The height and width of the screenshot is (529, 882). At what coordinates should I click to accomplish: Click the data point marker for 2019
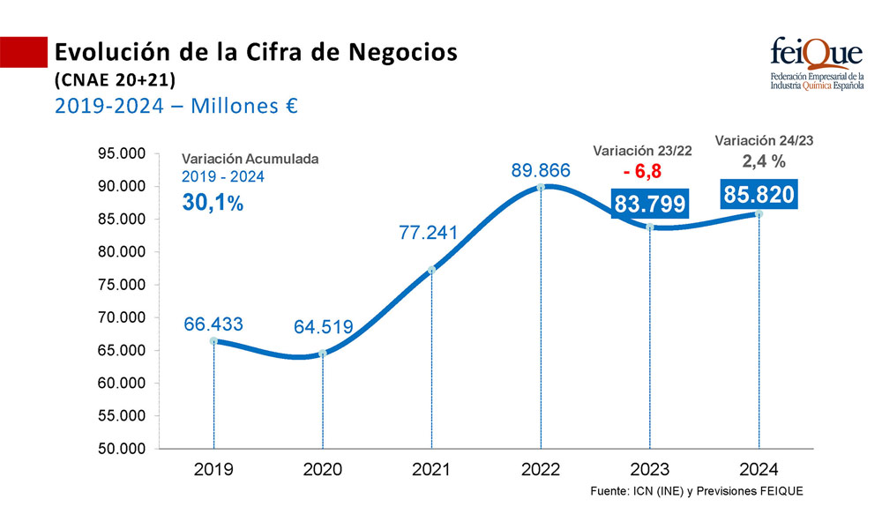click(x=213, y=340)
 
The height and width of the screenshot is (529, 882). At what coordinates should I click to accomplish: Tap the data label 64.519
click(x=323, y=328)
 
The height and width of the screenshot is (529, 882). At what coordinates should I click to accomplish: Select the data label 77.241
click(x=432, y=233)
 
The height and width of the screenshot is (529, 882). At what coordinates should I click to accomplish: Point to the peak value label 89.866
click(x=541, y=170)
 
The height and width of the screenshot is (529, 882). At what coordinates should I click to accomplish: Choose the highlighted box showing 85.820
click(x=759, y=193)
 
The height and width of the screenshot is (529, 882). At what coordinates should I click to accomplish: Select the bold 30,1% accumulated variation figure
click(x=212, y=201)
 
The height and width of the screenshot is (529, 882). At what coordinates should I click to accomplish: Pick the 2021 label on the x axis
click(x=432, y=470)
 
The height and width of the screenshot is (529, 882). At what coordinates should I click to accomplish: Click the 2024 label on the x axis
click(x=759, y=470)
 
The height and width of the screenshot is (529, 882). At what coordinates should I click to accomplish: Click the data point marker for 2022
click(x=541, y=187)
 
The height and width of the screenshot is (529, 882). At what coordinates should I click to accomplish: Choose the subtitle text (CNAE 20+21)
click(x=115, y=80)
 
